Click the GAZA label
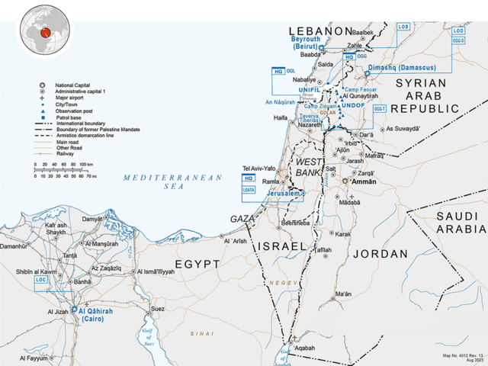click(x=243, y=219)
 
